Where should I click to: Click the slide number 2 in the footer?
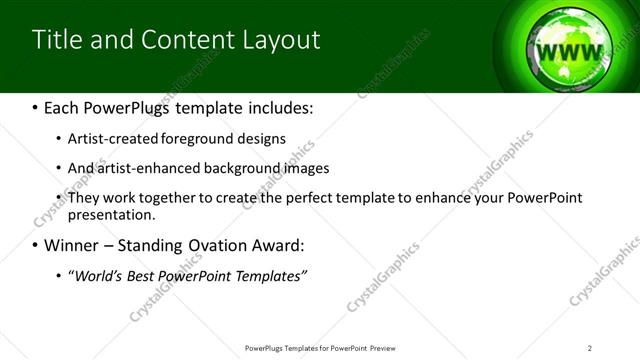[590, 348]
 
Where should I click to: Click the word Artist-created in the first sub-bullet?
[106, 138]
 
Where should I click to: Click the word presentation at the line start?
[111, 214]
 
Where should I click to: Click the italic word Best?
[145, 274]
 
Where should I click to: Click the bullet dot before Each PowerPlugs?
[36, 108]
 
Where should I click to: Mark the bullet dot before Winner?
[36, 245]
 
